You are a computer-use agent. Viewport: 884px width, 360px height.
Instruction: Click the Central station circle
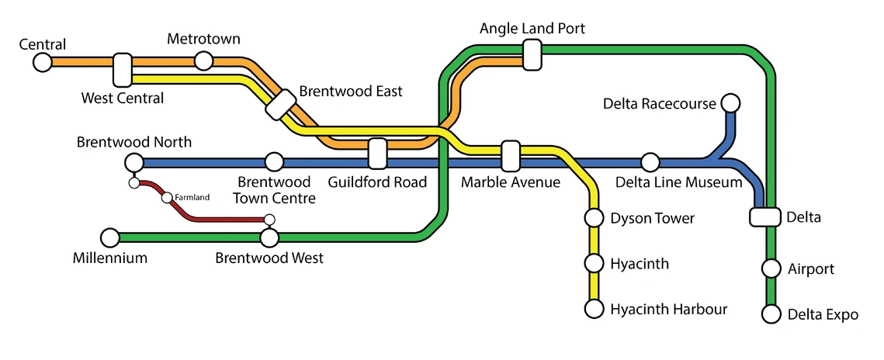[43, 62]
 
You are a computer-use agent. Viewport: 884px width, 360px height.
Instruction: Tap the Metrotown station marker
[203, 61]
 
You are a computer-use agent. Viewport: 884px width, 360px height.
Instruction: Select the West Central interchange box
[123, 70]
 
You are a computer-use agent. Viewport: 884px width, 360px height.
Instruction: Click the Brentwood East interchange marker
[279, 105]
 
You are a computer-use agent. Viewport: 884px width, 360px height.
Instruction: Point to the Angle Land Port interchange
[532, 55]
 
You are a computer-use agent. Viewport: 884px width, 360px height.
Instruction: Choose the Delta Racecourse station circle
[730, 102]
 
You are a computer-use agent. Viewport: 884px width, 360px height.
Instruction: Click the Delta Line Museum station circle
[650, 162]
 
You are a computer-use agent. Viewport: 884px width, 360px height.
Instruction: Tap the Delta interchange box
[764, 217]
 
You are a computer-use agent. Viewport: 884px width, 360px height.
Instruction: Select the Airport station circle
[771, 268]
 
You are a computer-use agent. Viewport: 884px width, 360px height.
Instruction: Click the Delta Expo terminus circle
[771, 314]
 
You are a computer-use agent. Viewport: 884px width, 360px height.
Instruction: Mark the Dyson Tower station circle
[594, 218]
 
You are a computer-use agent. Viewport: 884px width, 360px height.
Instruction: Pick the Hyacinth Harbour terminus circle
[594, 309]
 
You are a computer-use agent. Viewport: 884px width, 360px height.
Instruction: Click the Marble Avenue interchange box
[510, 156]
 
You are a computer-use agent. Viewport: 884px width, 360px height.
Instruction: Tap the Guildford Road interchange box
[377, 154]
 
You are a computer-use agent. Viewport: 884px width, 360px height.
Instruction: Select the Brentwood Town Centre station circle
[274, 162]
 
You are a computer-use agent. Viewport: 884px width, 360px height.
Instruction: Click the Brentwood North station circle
[133, 162]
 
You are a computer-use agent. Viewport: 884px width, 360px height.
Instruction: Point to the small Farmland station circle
[166, 198]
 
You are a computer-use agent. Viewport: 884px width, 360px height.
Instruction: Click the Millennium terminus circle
[110, 237]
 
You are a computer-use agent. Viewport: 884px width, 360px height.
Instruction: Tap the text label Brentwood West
[269, 258]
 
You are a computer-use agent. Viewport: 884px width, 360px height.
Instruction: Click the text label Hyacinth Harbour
[668, 310]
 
